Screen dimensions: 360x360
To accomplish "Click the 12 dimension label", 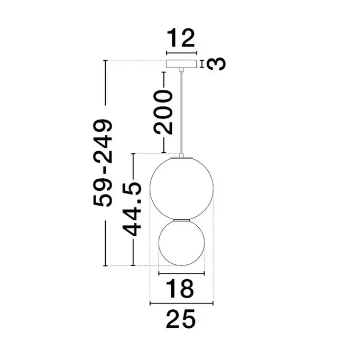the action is [x=181, y=38].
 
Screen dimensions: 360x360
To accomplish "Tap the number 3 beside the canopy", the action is [x=216, y=63].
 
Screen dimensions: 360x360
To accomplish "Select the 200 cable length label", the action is [x=163, y=112].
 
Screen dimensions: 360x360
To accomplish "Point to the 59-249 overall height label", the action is [x=103, y=163].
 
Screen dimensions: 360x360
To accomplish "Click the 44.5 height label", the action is [x=131, y=209].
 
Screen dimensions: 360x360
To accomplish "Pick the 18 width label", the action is [x=180, y=288].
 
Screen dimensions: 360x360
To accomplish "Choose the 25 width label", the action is [x=181, y=319].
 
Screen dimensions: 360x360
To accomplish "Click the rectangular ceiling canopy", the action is [x=182, y=64].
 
